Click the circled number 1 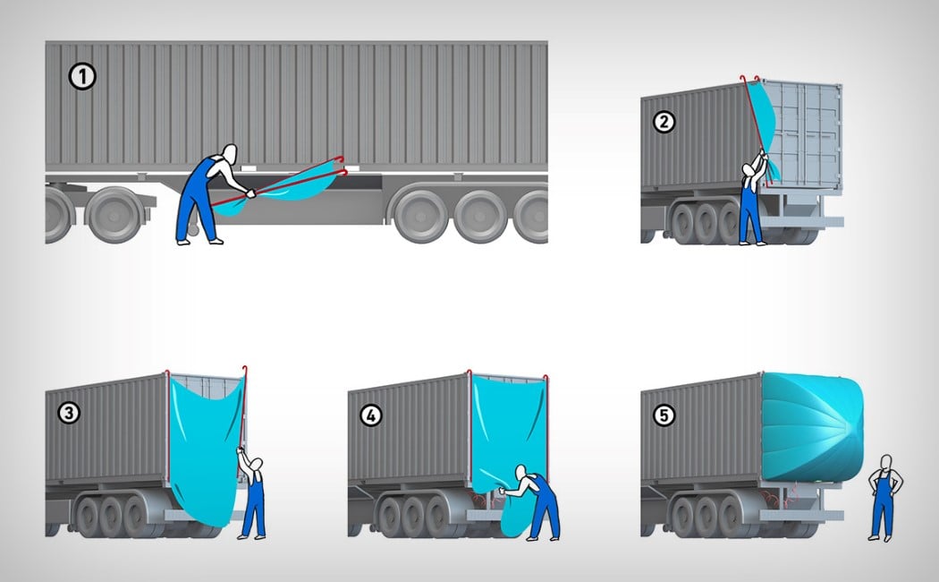[82, 77]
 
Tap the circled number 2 [664, 123]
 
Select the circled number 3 [69, 413]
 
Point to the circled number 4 [371, 415]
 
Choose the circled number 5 [664, 415]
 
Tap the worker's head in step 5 [886, 462]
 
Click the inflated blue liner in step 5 [812, 426]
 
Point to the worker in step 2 [751, 201]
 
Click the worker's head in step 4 [520, 472]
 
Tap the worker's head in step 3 [257, 465]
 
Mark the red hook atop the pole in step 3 [244, 369]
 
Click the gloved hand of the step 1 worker [250, 193]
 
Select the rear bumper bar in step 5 [802, 515]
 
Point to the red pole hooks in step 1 [342, 166]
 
